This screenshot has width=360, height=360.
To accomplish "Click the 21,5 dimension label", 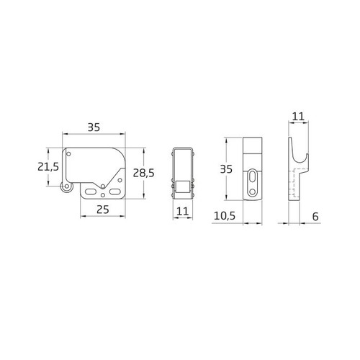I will click(x=48, y=166).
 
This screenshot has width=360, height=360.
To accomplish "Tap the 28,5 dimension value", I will click(x=144, y=173).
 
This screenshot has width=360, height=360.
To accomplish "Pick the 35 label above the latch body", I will click(x=93, y=127).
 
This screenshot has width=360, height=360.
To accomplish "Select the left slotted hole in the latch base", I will click(x=91, y=190).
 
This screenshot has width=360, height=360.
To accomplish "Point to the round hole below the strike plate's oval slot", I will click(x=252, y=192).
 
